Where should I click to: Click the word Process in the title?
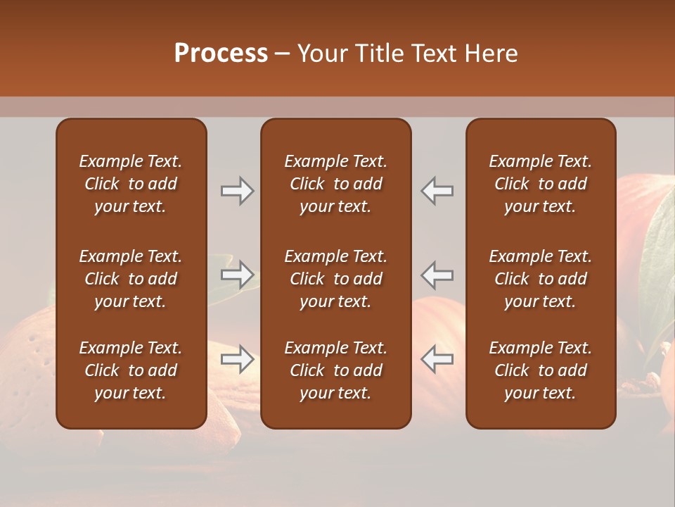tap(221, 54)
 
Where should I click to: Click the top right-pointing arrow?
tap(237, 191)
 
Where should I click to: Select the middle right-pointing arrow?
tap(237, 274)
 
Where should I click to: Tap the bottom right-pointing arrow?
tap(237, 359)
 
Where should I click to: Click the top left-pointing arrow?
tap(437, 191)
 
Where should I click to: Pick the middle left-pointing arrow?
tap(437, 274)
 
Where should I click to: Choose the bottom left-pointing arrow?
tap(437, 359)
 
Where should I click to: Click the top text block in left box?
tap(131, 184)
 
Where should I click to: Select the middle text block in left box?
tap(131, 279)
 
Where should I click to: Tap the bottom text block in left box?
tap(131, 370)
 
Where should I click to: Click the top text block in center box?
tap(335, 184)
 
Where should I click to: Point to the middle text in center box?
tap(335, 279)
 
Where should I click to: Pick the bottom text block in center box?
tap(335, 370)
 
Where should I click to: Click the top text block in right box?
tap(540, 184)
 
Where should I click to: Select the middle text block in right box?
tap(540, 279)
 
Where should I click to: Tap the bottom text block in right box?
tap(540, 370)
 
